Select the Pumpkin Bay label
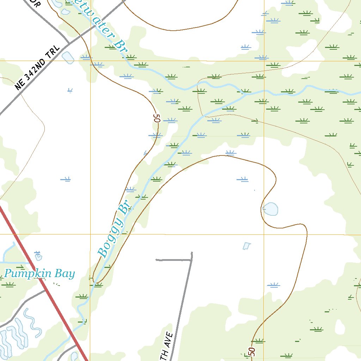click(39, 274)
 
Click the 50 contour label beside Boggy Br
click(157, 118)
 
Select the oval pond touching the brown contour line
click(271, 209)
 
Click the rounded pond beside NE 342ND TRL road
click(68, 57)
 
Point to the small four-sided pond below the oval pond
click(247, 246)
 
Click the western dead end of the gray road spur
click(157, 260)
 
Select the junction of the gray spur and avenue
click(191, 260)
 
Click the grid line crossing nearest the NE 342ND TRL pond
click(90, 61)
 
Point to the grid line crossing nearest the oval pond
click(264, 234)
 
